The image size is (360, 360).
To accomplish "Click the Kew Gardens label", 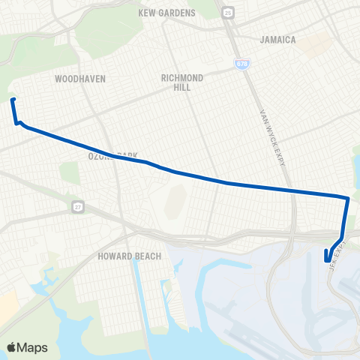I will tap(166, 13).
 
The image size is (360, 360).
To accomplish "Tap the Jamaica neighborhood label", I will tap(277, 39).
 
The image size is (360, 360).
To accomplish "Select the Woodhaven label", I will tap(80, 78).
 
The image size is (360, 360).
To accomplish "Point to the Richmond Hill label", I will tap(183, 82).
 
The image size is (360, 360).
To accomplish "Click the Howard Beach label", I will tap(130, 256).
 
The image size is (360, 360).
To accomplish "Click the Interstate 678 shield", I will tap(241, 64).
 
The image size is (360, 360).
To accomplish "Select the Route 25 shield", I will tap(227, 13).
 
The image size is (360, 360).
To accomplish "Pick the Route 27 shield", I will tap(77, 205).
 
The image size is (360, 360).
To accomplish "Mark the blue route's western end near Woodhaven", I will tap(12, 99).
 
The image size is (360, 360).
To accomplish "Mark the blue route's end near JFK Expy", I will tap(327, 261).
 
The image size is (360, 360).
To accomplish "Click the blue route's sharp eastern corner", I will tap(348, 199).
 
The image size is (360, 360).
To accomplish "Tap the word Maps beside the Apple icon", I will tap(32, 347).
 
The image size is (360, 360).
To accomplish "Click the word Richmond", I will tap(183, 77).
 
